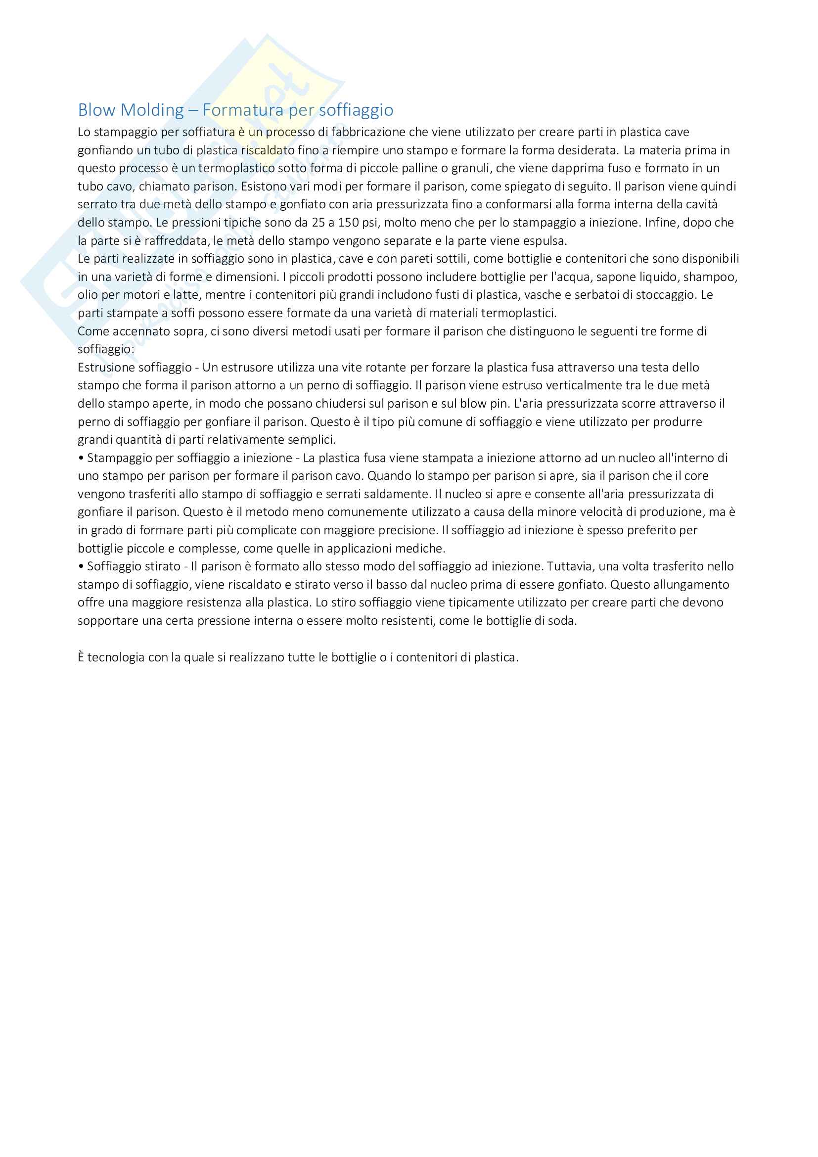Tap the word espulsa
click(546, 241)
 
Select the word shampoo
click(710, 277)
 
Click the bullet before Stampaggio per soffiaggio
click(81, 459)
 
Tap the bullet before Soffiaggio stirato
click(81, 567)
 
